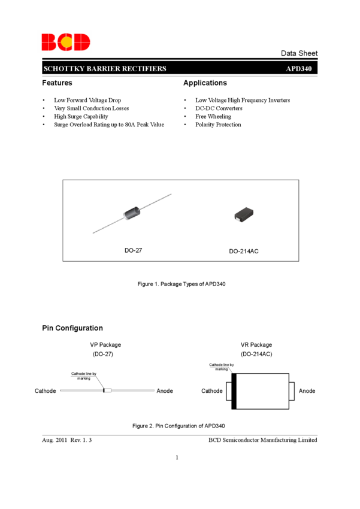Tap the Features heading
point(57,83)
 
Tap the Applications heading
point(205,83)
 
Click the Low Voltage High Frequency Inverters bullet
point(243,100)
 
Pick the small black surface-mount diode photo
point(244,214)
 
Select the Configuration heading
point(78,328)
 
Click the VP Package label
point(105,345)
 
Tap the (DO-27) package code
point(103,354)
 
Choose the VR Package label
point(256,345)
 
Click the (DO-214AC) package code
point(256,354)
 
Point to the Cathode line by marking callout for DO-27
point(84,376)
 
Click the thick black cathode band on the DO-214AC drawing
point(234,391)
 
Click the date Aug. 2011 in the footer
point(55,440)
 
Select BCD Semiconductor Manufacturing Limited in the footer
point(262,440)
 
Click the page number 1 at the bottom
point(177,458)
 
